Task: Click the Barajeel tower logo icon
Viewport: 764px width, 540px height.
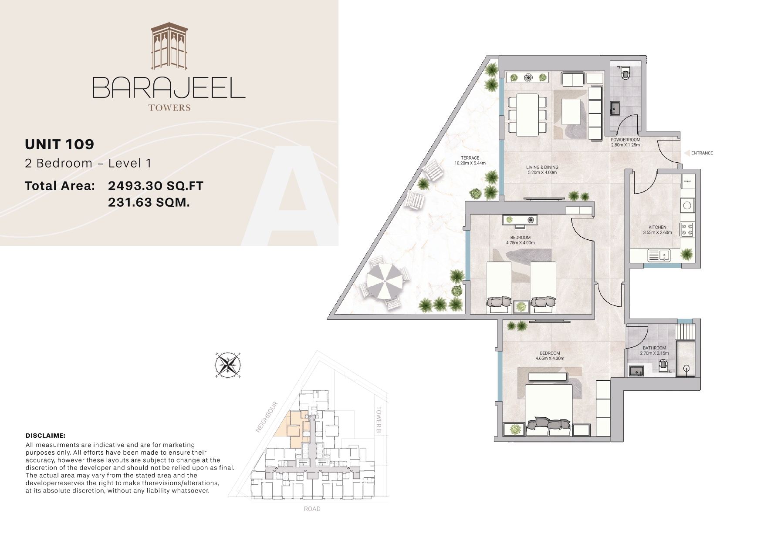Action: pyautogui.click(x=169, y=47)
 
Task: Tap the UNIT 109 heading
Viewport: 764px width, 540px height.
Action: pyautogui.click(x=60, y=144)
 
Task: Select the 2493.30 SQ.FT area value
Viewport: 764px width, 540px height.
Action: pyautogui.click(x=156, y=186)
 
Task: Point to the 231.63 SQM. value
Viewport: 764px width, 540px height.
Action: pyautogui.click(x=149, y=202)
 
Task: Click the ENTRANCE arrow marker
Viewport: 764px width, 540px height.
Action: pyautogui.click(x=687, y=153)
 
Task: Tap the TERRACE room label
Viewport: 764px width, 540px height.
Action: pyautogui.click(x=470, y=158)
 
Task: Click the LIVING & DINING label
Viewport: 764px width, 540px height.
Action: pyautogui.click(x=542, y=168)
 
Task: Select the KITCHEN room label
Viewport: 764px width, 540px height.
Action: pyautogui.click(x=657, y=227)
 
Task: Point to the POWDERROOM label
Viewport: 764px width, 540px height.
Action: pyautogui.click(x=625, y=140)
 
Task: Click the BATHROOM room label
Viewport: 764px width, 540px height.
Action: pyautogui.click(x=654, y=348)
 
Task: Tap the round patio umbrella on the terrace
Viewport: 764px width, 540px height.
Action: pyautogui.click(x=385, y=282)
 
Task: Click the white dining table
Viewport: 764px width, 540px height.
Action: pyautogui.click(x=527, y=114)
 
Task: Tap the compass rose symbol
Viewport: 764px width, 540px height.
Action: pyautogui.click(x=228, y=365)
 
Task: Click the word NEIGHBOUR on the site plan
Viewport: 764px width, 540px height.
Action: pyautogui.click(x=267, y=417)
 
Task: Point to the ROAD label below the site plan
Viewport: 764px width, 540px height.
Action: pyautogui.click(x=312, y=509)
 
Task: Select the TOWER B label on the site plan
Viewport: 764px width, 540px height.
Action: pyautogui.click(x=379, y=420)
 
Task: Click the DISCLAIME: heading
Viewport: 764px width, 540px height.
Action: pyautogui.click(x=46, y=435)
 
